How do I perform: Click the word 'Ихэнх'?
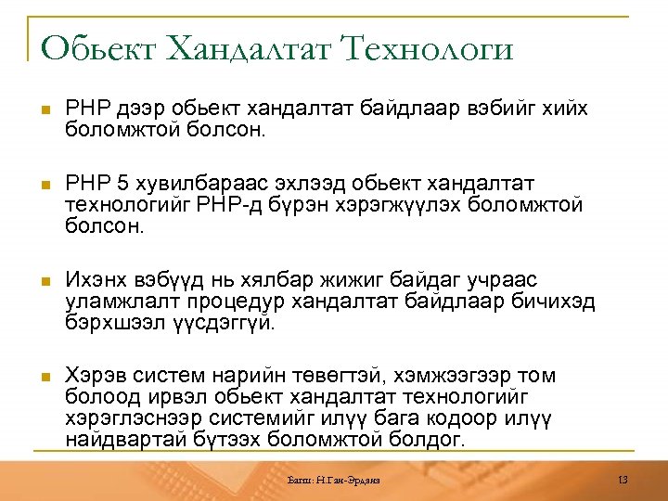click(94, 280)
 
